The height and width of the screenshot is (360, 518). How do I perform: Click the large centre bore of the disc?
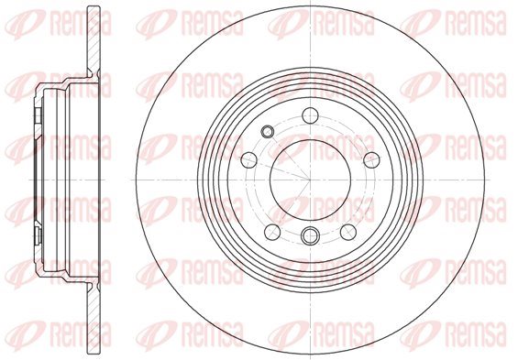[310, 180]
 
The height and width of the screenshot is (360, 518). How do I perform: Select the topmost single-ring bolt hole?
[310, 115]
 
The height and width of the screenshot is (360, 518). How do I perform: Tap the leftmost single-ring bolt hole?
[249, 160]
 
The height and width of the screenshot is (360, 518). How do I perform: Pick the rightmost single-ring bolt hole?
[371, 160]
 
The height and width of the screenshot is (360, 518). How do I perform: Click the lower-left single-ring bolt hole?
[272, 232]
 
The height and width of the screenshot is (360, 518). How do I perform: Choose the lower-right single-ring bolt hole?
[348, 232]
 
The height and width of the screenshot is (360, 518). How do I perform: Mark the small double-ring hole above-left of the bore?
[267, 132]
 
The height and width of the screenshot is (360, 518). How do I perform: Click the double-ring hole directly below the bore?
[310, 235]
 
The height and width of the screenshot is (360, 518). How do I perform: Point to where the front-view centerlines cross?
[310, 180]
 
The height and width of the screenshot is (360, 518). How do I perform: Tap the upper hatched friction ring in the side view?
[94, 39]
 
